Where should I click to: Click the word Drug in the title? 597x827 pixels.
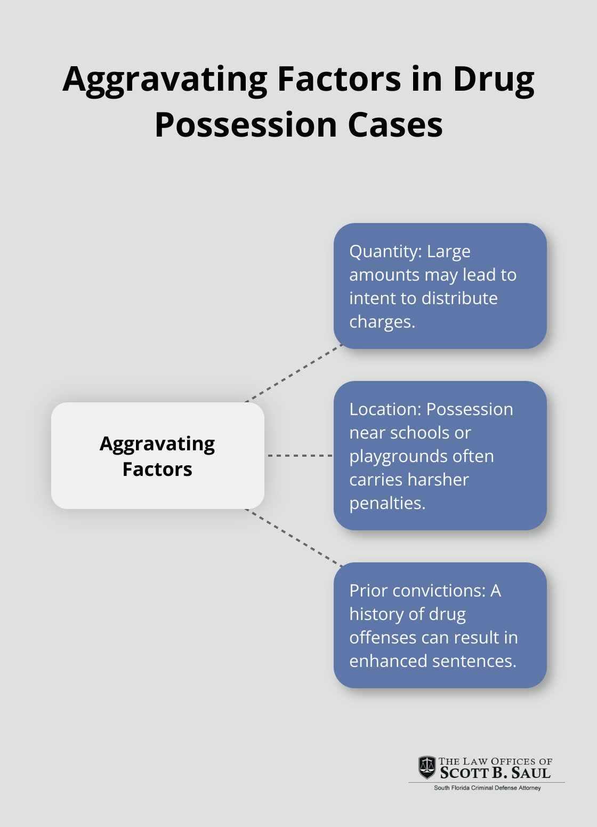pyautogui.click(x=494, y=79)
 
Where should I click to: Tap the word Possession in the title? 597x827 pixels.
pyautogui.click(x=246, y=125)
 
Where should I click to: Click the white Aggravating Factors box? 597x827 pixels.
pyautogui.click(x=157, y=456)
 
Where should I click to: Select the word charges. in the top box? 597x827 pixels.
pyautogui.click(x=382, y=322)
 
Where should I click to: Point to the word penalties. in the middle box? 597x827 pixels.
pyautogui.click(x=387, y=503)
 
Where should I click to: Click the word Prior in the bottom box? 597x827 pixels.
pyautogui.click(x=367, y=591)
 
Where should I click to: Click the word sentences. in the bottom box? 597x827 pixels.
pyautogui.click(x=474, y=661)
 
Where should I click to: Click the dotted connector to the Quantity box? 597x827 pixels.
pyautogui.click(x=293, y=373)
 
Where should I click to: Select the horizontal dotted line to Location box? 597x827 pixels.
pyautogui.click(x=300, y=456)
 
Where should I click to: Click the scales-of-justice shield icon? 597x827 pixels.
pyautogui.click(x=427, y=767)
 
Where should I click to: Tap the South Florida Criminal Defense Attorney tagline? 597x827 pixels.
pyautogui.click(x=487, y=788)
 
